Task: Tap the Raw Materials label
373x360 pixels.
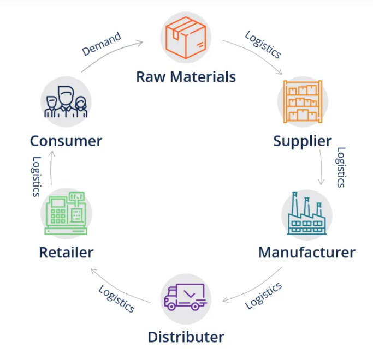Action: pyautogui.click(x=186, y=76)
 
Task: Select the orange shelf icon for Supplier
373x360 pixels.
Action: pyautogui.click(x=302, y=101)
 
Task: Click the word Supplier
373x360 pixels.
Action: pyautogui.click(x=302, y=141)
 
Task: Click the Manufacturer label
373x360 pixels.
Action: pyautogui.click(x=306, y=253)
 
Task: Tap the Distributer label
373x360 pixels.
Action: pyautogui.click(x=186, y=337)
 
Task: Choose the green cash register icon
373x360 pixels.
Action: pyautogui.click(x=66, y=214)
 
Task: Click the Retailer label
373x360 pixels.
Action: pyautogui.click(x=66, y=253)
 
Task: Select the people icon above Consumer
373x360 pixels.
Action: pyautogui.click(x=66, y=101)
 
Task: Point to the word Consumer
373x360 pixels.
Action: pyautogui.click(x=66, y=141)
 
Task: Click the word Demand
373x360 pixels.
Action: pyautogui.click(x=101, y=44)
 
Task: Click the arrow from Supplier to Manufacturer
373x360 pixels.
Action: pyautogui.click(x=322, y=167)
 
